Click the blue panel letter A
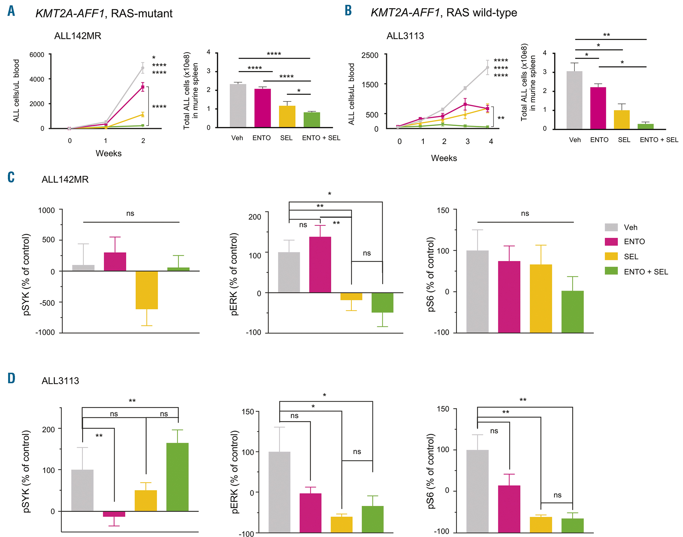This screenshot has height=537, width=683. [11, 11]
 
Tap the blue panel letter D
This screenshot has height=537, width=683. [11, 378]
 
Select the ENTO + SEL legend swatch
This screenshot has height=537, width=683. [611, 271]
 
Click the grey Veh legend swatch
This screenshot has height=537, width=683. [611, 227]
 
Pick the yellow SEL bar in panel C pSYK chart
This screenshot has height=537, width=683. [147, 290]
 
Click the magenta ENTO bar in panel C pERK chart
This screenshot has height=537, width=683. [320, 265]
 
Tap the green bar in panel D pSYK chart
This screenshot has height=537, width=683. [178, 477]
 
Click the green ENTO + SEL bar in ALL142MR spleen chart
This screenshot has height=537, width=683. [312, 120]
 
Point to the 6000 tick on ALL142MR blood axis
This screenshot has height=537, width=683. [37, 55]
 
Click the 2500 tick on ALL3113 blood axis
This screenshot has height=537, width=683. [370, 55]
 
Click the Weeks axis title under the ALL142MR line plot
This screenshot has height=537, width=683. [109, 153]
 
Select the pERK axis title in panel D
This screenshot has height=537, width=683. [235, 472]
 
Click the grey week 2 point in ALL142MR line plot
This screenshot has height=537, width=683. [143, 68]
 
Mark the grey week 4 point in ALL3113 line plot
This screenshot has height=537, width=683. [487, 68]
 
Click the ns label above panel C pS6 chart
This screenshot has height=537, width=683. [525, 213]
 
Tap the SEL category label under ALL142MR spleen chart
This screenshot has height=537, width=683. [286, 138]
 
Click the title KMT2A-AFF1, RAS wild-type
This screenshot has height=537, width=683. [444, 13]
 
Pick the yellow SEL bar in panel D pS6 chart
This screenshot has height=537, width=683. [541, 525]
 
